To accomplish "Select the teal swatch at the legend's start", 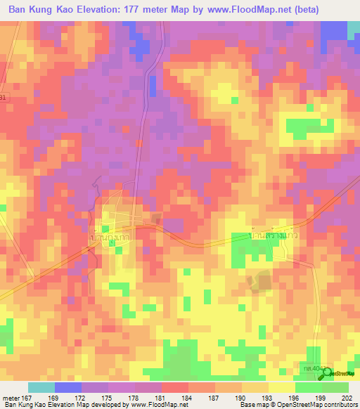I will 41,387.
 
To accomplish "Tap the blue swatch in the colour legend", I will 68,387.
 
